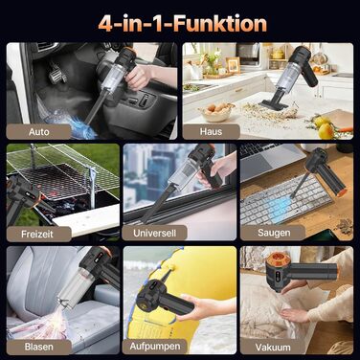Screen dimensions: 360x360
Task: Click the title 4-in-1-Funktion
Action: tap(182, 24)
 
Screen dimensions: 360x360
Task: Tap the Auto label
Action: tap(39, 131)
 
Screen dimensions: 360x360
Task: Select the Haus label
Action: tap(211, 131)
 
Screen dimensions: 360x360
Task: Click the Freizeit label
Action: tap(37, 234)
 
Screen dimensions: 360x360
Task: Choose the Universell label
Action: tap(154, 233)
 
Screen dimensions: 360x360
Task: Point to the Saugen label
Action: tap(274, 233)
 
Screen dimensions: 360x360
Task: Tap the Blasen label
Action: tap(39, 347)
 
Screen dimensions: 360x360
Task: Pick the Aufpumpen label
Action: tap(155, 346)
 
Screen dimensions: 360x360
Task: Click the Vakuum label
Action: tap(273, 348)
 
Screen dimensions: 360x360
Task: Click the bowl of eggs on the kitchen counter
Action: tap(216, 112)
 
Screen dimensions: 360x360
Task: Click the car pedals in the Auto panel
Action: tap(57, 73)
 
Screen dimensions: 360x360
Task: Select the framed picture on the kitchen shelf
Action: tap(233, 65)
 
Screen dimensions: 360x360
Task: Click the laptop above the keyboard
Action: tap(270, 160)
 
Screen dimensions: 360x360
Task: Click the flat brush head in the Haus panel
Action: tap(274, 104)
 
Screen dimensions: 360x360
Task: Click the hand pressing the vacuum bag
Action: tap(295, 315)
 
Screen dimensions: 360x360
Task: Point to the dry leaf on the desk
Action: tap(345, 227)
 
